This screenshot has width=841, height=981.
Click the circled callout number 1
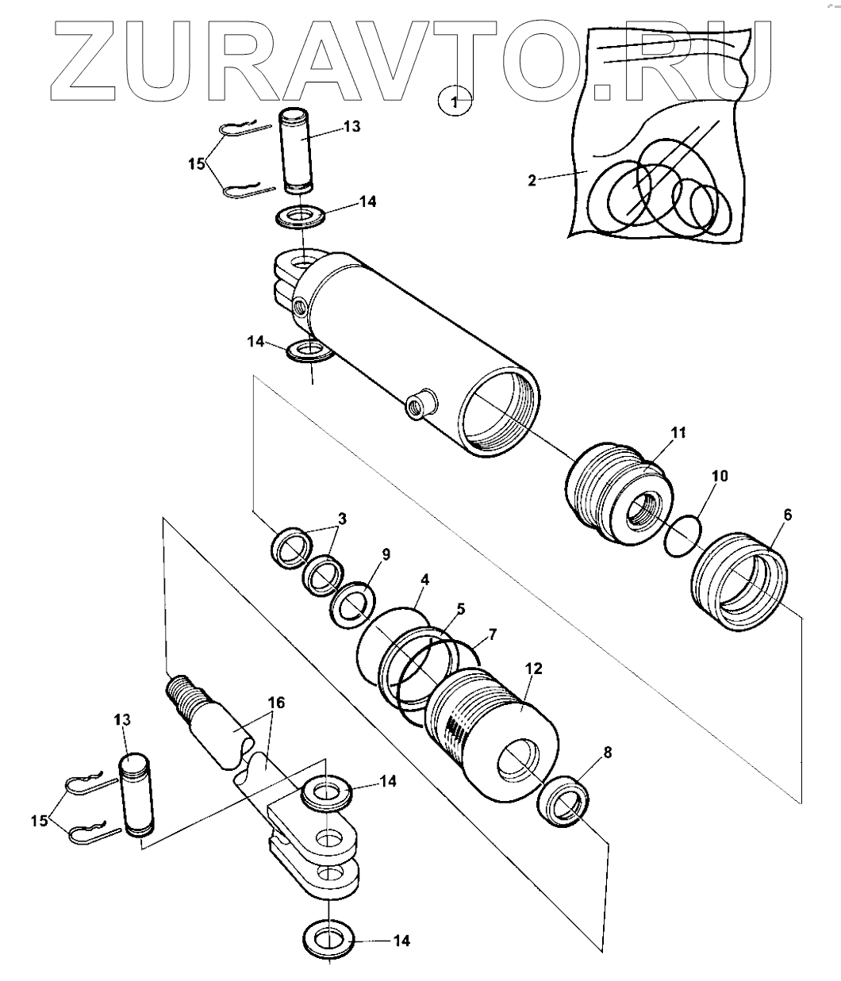pyautogui.click(x=455, y=102)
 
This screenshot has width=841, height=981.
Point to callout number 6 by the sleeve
pyautogui.click(x=786, y=514)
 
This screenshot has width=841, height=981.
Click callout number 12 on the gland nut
pyautogui.click(x=533, y=669)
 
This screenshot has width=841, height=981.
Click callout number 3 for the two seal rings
pyautogui.click(x=342, y=519)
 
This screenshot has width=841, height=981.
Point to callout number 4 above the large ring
pyautogui.click(x=425, y=580)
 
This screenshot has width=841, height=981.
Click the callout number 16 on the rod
pyautogui.click(x=275, y=703)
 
